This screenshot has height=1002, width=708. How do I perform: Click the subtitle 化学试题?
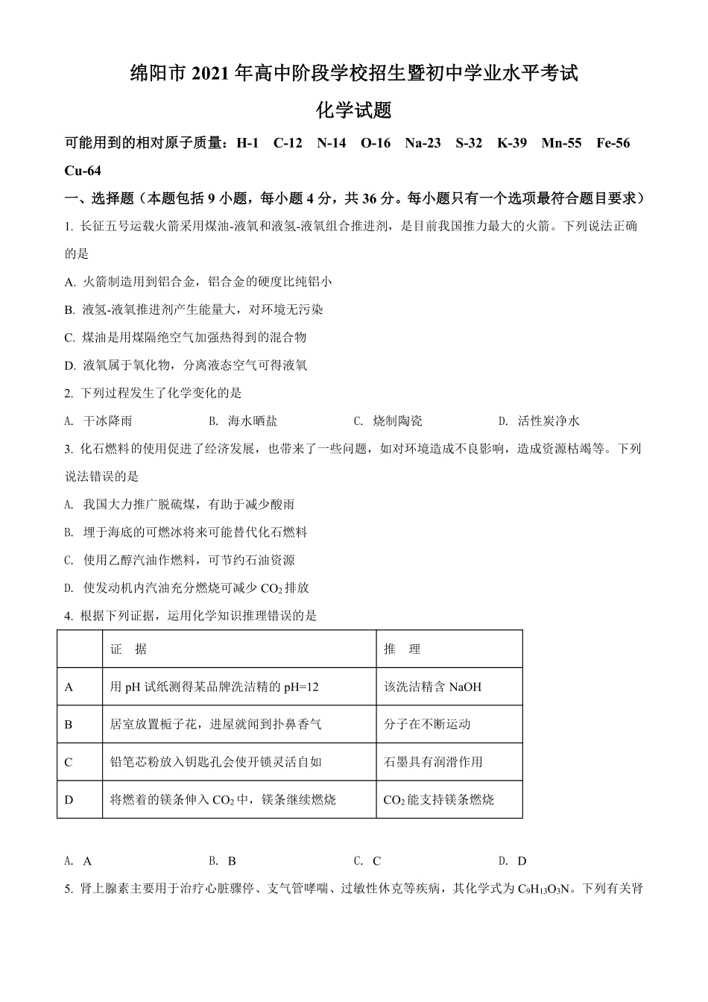(x=354, y=111)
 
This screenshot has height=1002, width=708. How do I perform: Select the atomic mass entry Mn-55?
(x=561, y=142)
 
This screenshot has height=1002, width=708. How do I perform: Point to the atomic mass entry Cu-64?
(x=83, y=170)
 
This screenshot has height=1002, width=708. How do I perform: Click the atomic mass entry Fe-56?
(x=613, y=142)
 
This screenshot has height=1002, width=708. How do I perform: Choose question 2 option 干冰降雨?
(x=107, y=420)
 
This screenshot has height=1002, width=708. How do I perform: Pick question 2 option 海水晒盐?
(x=253, y=420)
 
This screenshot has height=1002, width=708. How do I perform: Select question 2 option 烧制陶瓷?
(x=397, y=420)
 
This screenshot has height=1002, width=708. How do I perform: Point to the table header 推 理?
(x=402, y=649)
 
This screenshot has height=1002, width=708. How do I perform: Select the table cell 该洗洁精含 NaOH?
(x=432, y=687)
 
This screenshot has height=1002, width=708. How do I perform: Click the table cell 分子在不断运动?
(x=427, y=724)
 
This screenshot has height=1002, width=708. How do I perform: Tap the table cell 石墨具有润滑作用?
(x=433, y=762)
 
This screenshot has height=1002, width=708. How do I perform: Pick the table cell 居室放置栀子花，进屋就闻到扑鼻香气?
(x=215, y=724)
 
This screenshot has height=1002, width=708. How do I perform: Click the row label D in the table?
(x=69, y=800)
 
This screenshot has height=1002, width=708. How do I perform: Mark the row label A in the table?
(x=69, y=687)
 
